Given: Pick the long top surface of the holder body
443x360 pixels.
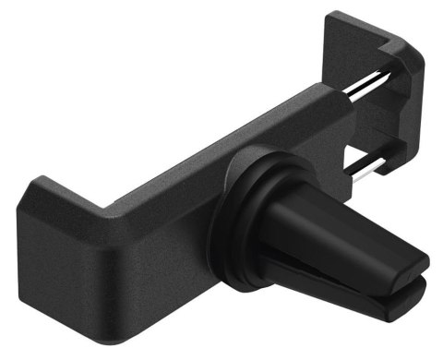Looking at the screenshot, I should [185, 157].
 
